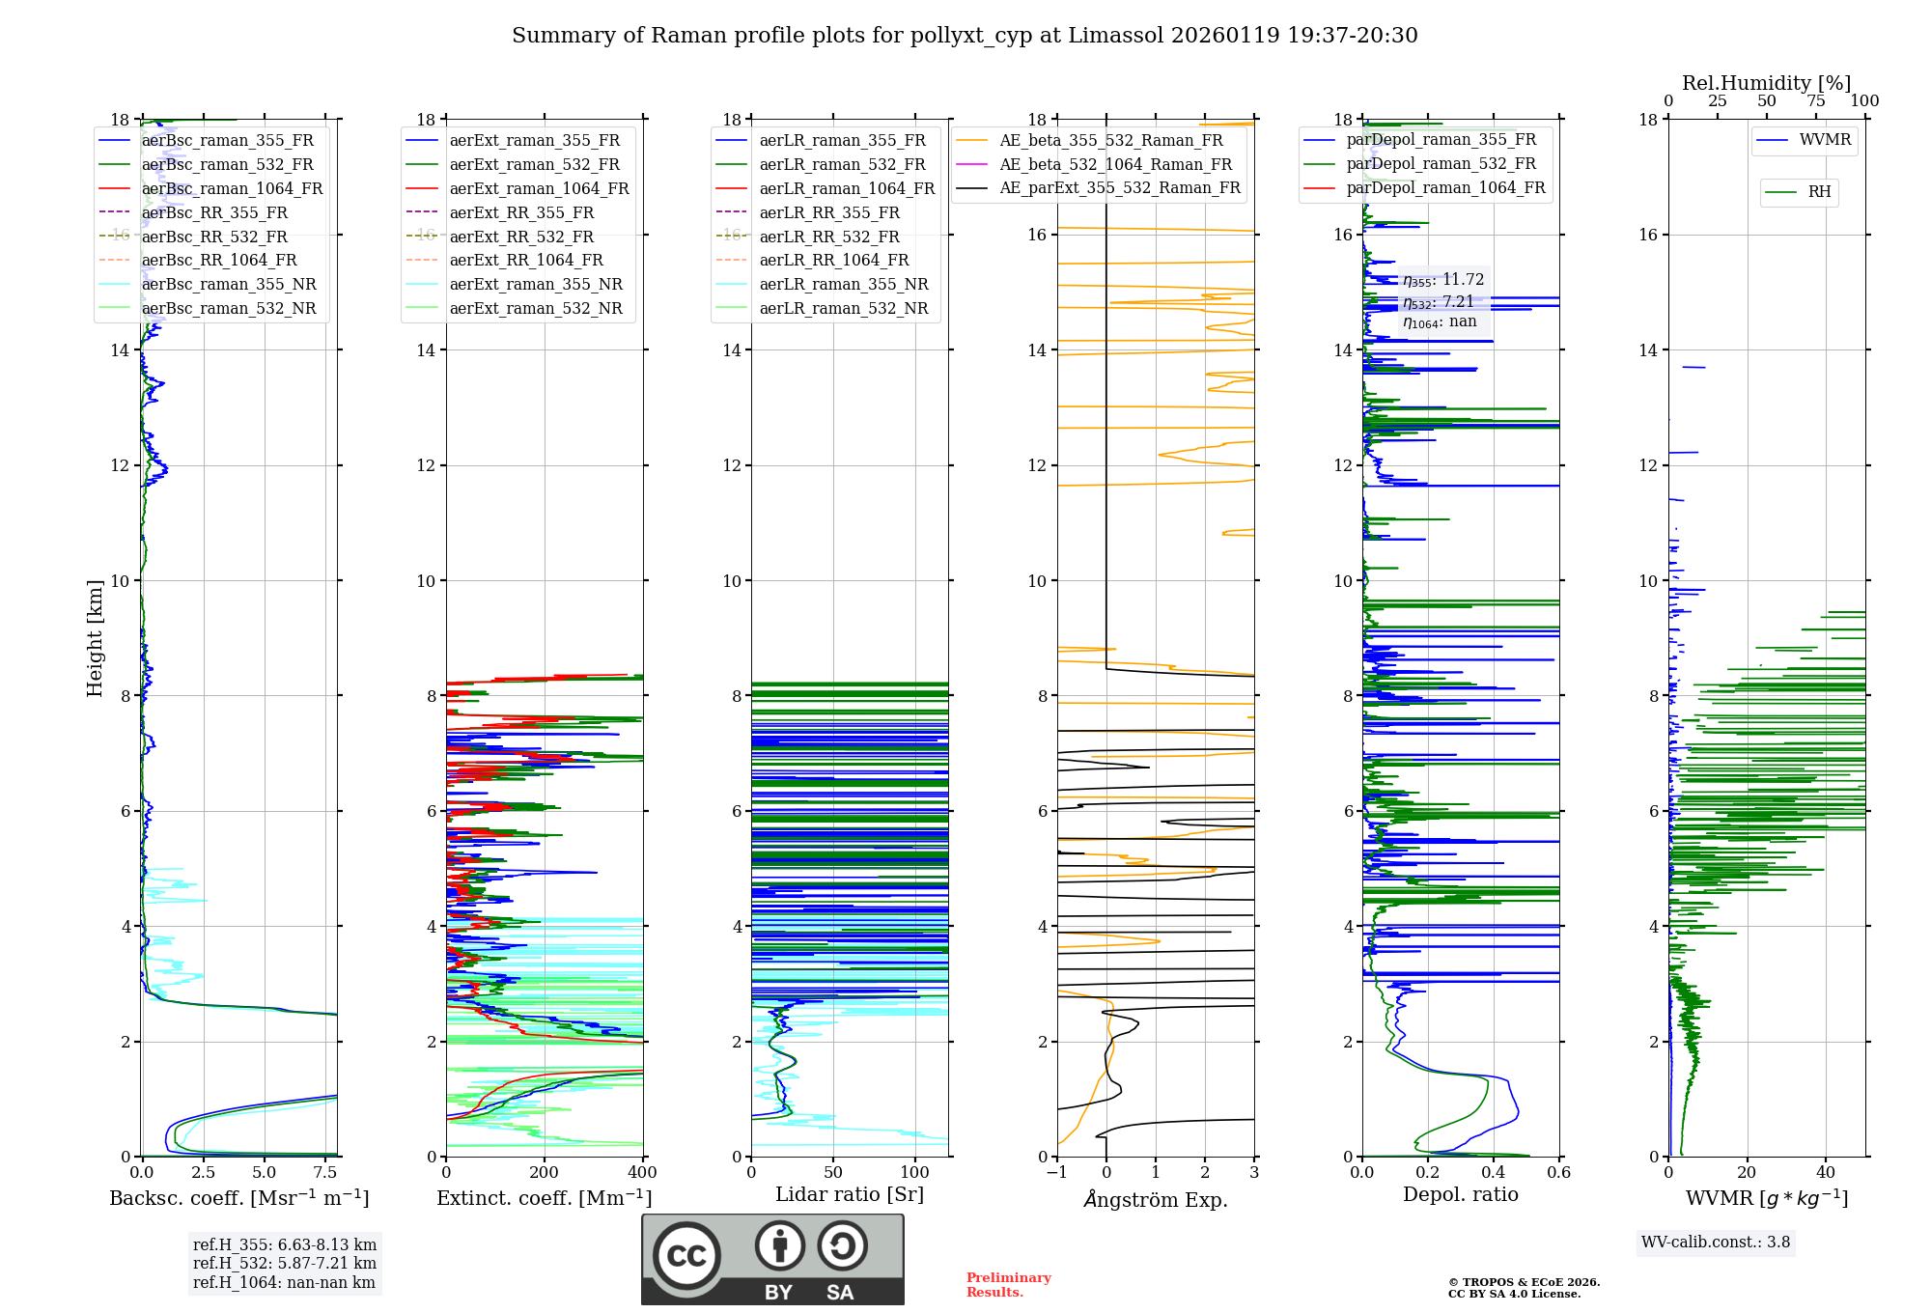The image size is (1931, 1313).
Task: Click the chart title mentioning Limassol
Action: tap(965, 36)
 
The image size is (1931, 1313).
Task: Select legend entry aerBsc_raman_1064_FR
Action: tap(232, 188)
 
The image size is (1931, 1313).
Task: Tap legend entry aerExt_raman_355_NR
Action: tap(536, 284)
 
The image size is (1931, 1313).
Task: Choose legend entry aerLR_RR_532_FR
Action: tap(828, 237)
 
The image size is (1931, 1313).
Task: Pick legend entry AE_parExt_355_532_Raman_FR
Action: tap(1119, 187)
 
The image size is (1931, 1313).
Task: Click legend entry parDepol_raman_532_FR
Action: tap(1441, 163)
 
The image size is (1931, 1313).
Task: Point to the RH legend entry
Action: tap(1819, 192)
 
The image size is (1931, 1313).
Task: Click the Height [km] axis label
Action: tap(95, 638)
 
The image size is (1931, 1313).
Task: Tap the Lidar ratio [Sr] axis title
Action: tap(850, 1194)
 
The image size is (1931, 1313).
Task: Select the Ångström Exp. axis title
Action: tap(1156, 1199)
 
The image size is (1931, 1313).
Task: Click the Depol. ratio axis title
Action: tap(1460, 1194)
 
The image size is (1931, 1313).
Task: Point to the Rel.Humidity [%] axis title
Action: tap(1766, 83)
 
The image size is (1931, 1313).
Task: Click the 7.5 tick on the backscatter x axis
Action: tap(325, 1172)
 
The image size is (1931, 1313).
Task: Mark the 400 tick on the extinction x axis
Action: tap(642, 1172)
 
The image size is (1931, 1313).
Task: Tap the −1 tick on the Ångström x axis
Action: tap(1056, 1172)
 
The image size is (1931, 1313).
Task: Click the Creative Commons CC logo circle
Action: tap(686, 1255)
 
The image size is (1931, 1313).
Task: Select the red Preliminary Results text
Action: tap(1008, 1284)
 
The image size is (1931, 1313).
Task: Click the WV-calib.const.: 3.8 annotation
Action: tap(1716, 1242)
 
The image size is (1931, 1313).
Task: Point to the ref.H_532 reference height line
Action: tap(284, 1263)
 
